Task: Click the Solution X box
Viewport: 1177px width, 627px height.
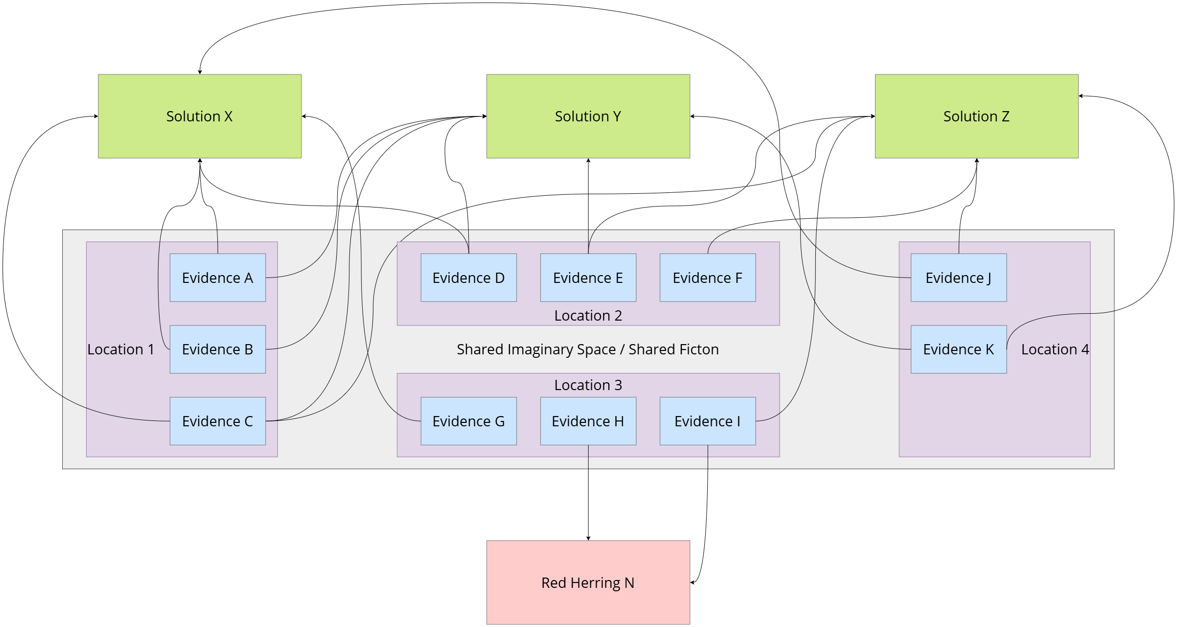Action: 200,116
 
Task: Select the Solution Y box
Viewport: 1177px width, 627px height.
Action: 588,116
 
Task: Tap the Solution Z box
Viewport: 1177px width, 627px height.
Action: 976,116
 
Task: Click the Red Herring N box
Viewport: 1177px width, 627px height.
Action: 588,582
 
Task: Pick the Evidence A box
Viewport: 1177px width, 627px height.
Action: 217,278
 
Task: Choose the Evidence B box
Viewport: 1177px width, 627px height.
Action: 217,349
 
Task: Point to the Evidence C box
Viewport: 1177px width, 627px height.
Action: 217,421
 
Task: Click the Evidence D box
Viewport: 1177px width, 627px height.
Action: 468,278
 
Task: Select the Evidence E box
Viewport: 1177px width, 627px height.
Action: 588,278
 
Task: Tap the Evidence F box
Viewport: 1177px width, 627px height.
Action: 708,278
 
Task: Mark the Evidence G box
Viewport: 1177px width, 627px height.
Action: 468,421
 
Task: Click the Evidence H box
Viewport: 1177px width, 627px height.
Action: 588,421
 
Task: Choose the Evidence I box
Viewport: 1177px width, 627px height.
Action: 708,421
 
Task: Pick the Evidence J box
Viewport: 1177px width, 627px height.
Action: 958,278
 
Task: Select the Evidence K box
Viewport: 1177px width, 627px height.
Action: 958,349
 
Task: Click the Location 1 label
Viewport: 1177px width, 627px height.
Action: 120,349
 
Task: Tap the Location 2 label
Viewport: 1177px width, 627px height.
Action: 588,316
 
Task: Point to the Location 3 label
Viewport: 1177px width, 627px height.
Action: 588,385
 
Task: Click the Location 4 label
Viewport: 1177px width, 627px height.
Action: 1055,349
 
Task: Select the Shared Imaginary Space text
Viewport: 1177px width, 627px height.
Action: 587,349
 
